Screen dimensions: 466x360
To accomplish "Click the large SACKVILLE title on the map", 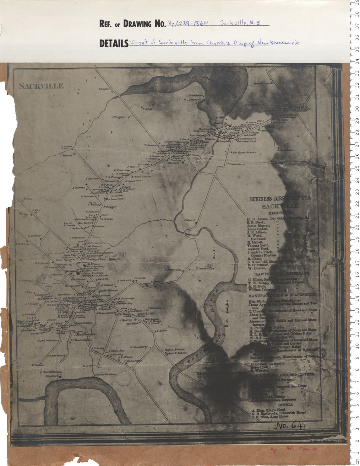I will [x=41, y=86].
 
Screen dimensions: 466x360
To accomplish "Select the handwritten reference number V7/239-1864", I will [x=188, y=23].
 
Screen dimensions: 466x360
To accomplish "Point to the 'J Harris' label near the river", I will [x=190, y=220].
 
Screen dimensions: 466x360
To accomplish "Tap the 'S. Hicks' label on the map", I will [x=147, y=109].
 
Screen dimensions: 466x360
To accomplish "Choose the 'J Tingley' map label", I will [x=118, y=117].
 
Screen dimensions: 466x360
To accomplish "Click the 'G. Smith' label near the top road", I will [x=103, y=89].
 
